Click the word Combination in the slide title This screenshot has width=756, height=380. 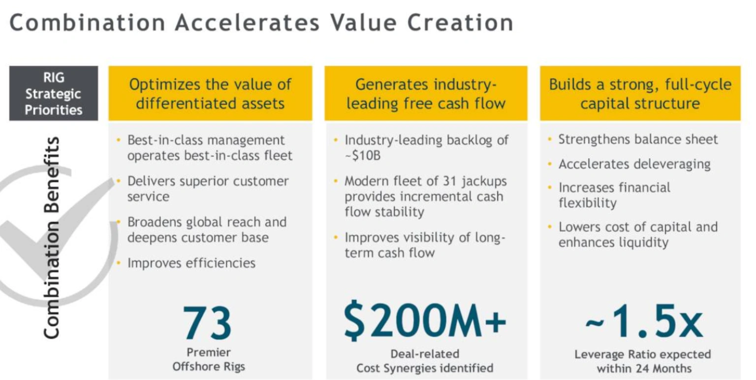click(88, 23)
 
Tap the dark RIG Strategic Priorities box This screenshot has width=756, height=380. click(54, 93)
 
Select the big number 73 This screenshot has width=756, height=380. click(207, 322)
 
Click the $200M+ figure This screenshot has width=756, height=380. click(425, 320)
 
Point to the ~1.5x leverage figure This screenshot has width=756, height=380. click(644, 321)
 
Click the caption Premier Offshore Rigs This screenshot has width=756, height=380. click(209, 359)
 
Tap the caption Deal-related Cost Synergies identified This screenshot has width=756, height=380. click(425, 361)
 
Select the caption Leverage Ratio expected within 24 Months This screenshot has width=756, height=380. click(643, 361)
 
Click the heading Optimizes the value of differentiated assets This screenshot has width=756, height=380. click(210, 94)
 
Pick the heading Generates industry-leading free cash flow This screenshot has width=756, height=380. click(426, 94)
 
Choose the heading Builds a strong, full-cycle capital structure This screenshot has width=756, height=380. click(640, 94)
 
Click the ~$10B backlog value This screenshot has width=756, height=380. click(363, 156)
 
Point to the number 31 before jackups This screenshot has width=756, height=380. click(449, 181)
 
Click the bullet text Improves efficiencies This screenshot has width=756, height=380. click(191, 263)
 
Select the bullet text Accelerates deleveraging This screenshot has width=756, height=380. click(634, 164)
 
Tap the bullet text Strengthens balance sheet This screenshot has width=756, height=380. click(638, 139)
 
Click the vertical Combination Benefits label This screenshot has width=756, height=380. click(52, 238)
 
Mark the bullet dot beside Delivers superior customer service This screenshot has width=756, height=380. click(119, 181)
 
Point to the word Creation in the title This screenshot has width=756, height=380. click(460, 23)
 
